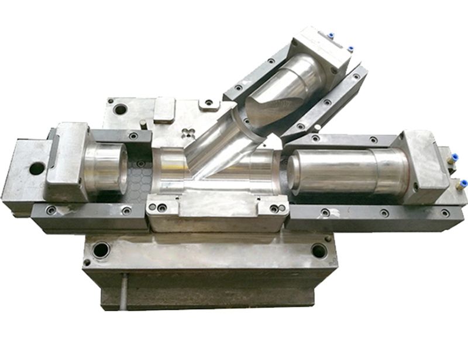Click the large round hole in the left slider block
click(37, 168)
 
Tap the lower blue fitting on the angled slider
click(350, 49)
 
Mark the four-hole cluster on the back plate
click(188, 130)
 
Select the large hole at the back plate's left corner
click(121, 109)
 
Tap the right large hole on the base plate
click(319, 251)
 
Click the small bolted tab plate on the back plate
click(208, 105)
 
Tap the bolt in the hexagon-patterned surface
click(140, 163)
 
